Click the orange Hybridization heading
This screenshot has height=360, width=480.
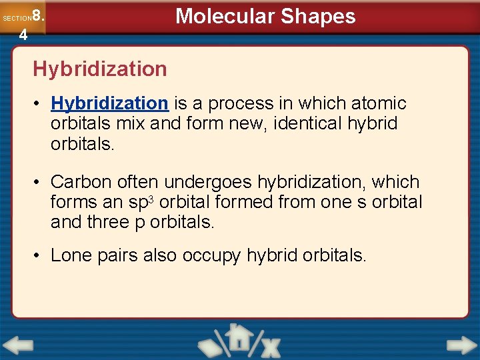point(100,69)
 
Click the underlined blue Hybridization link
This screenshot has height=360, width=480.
point(109,103)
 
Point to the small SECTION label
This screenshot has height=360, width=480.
point(16,19)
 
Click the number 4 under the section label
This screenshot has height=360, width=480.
point(23,35)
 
